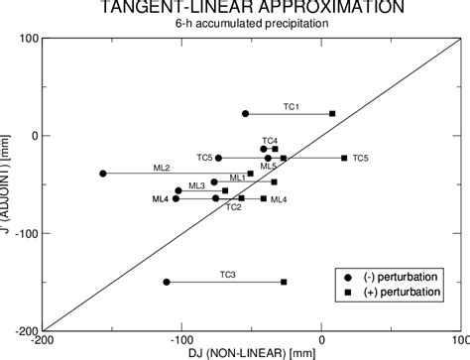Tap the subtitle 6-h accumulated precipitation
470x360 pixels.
[250, 23]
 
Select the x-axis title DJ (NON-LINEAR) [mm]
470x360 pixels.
[250, 352]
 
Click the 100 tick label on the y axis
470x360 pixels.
[28, 39]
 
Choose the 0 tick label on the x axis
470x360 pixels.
[320, 340]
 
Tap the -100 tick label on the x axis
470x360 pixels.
[181, 340]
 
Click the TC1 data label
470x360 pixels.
[292, 106]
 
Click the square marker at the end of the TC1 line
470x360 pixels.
[332, 114]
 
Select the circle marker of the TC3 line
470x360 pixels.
[167, 283]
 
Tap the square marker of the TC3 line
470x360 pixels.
[284, 283]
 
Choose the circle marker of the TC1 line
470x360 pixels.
[245, 114]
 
